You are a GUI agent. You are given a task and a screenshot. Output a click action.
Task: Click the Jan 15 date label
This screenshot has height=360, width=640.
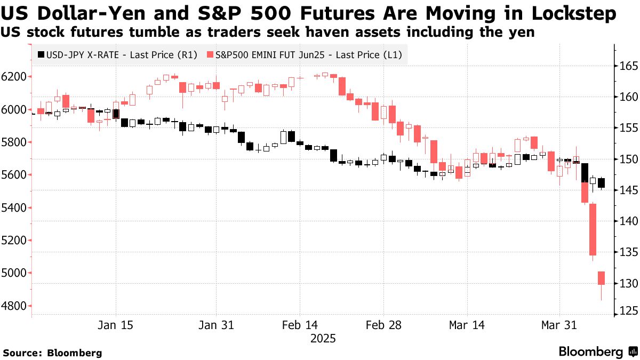116,325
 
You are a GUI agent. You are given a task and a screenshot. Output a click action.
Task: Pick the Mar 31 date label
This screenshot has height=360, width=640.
560,325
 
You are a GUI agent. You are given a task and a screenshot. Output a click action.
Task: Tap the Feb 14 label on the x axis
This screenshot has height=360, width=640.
299,325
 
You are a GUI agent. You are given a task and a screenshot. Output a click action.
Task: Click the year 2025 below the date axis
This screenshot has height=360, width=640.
324,338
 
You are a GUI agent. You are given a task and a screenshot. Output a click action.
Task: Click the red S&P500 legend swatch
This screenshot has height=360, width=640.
211,54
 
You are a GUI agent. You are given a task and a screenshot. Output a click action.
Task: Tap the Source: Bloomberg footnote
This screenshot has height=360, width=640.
52,353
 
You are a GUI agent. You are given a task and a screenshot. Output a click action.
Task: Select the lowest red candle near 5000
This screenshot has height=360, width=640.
601,278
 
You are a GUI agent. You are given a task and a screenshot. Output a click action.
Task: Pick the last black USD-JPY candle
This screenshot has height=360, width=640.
602,183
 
